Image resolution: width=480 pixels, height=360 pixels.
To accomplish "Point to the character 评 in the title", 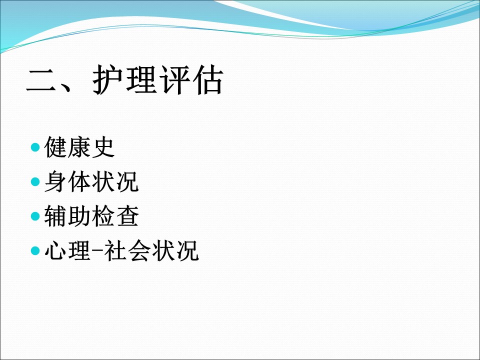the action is click(174, 79).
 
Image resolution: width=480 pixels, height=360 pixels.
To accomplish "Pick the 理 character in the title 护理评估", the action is click(141, 79).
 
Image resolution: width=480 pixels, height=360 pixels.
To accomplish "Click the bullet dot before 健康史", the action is click(35, 147).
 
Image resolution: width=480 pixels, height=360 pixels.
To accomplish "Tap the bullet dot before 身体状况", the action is click(35, 182).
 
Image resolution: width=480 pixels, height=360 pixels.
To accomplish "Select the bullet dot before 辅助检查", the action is click(35, 216).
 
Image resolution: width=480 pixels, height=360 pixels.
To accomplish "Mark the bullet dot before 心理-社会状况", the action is click(35, 250).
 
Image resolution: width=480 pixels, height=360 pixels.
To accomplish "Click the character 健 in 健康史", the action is click(55, 147).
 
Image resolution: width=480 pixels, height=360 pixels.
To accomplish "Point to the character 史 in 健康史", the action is click(103, 147).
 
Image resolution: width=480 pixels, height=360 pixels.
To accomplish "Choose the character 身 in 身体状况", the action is click(55, 182).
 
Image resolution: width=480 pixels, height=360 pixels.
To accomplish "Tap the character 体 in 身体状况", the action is click(79, 182).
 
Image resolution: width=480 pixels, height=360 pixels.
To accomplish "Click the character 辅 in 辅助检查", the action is click(55, 216).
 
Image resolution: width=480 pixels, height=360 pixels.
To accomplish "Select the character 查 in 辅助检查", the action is click(127, 216).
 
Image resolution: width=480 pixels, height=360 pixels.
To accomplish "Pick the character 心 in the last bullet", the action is click(55, 250).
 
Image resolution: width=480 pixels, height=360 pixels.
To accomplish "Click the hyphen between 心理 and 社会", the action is click(97, 251).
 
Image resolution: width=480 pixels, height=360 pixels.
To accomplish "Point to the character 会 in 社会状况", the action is click(139, 250).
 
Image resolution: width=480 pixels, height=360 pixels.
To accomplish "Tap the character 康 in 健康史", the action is click(79, 147).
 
